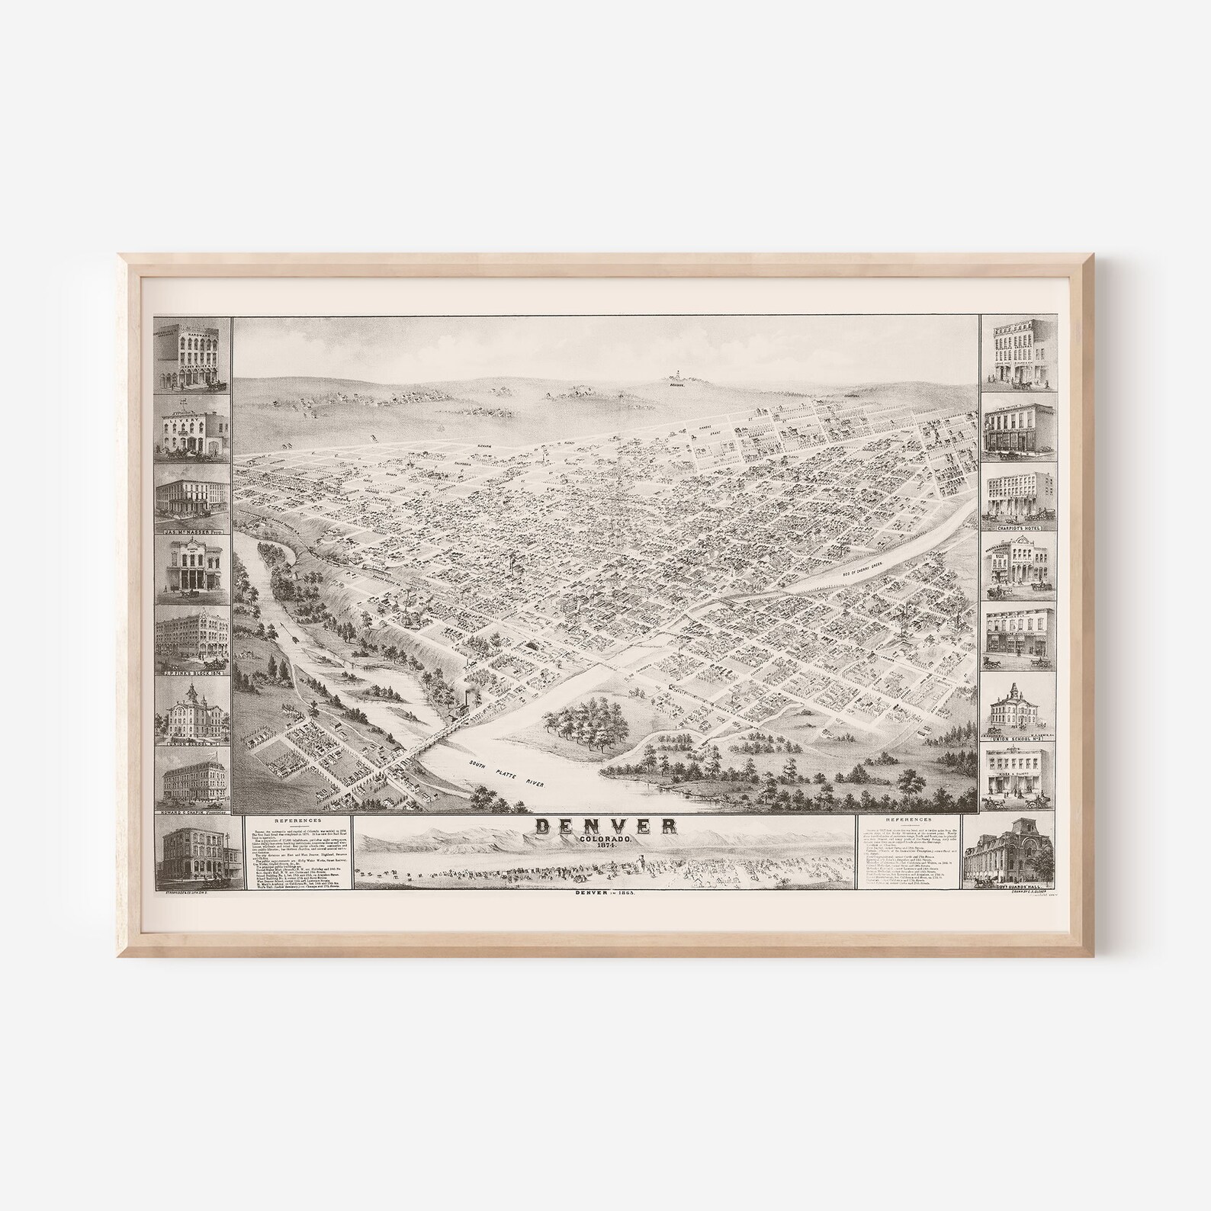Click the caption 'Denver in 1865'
[x=604, y=894]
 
